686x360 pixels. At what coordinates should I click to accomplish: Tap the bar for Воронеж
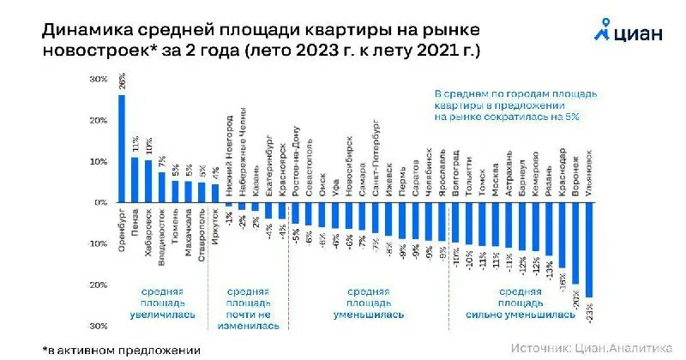click(575, 244)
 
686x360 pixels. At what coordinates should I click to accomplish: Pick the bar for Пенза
click(135, 179)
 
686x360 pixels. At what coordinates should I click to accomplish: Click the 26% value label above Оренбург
click(122, 82)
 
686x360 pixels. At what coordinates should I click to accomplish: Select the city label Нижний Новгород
click(229, 168)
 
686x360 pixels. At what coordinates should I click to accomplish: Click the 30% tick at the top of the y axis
click(99, 80)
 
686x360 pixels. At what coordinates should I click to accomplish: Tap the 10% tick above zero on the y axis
click(99, 162)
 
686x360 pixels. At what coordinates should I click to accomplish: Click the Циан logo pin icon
click(603, 30)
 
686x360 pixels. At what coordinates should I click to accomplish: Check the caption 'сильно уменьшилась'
click(521, 315)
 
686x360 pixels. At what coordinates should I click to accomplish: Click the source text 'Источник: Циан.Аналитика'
click(592, 348)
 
